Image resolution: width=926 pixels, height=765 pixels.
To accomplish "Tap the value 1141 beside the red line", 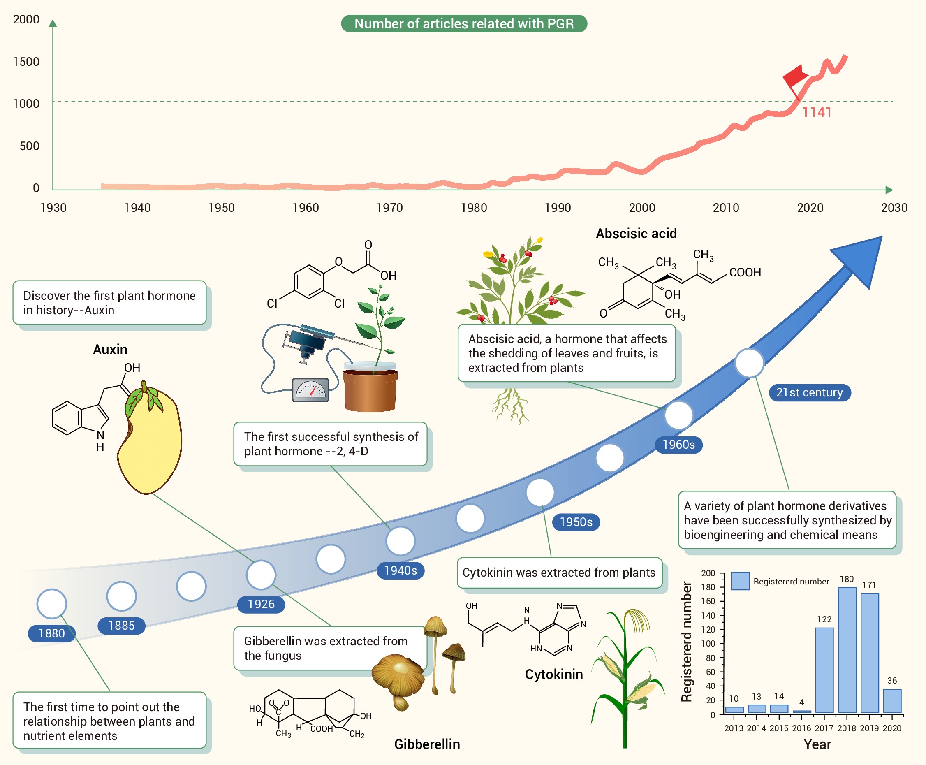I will click(816, 112).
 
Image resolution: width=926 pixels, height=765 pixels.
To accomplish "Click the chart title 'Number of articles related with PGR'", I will click(464, 23).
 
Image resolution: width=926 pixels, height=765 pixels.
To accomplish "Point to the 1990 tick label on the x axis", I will click(558, 208).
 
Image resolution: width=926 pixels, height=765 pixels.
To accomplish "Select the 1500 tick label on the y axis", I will click(26, 62).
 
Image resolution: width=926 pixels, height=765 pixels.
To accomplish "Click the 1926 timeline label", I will click(261, 604).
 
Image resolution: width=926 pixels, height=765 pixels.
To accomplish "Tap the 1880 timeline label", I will click(51, 633).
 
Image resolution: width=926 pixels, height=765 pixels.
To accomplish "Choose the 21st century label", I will click(809, 392).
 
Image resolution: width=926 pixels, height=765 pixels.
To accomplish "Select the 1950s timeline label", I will click(576, 522).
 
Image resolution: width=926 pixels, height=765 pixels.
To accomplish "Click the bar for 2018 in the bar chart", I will click(847, 650).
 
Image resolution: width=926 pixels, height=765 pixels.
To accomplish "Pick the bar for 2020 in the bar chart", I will click(892, 701).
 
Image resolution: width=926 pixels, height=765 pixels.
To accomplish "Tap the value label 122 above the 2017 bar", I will click(824, 619).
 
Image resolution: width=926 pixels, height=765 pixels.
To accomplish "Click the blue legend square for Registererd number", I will click(740, 581).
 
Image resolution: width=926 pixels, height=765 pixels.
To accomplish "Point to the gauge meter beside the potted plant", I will click(310, 390).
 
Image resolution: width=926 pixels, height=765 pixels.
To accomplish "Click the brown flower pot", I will click(370, 390).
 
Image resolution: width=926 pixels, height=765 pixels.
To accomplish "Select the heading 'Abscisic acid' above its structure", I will click(636, 234).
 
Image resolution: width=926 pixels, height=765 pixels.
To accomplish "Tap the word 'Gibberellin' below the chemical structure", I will click(427, 744).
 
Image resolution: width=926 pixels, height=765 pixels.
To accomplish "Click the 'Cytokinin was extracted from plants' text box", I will click(559, 573).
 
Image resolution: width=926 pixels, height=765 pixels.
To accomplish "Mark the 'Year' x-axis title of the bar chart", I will click(817, 744).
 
